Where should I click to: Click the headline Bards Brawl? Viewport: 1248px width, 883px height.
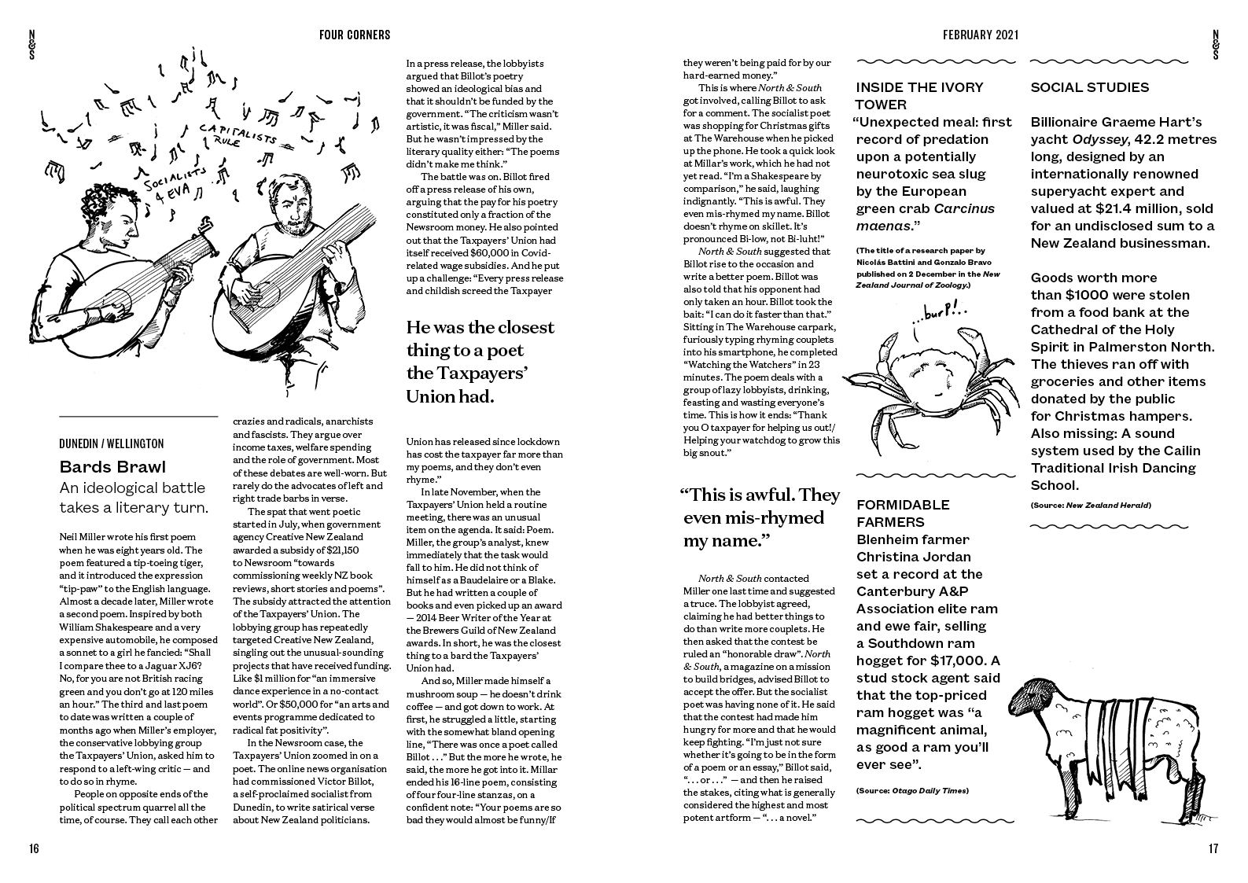pos(112,467)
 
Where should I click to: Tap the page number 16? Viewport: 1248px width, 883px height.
pos(33,848)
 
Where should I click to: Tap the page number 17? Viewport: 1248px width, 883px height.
pos(1213,848)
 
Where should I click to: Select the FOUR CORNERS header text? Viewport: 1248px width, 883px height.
pos(355,35)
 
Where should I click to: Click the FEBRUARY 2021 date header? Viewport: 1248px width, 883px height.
pos(981,35)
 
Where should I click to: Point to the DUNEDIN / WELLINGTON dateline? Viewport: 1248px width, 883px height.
pos(112,443)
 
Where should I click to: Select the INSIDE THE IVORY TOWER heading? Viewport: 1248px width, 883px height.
pos(919,96)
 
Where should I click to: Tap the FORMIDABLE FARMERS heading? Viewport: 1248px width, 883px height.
pos(903,513)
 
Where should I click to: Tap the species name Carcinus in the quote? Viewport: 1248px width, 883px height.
pos(964,208)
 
